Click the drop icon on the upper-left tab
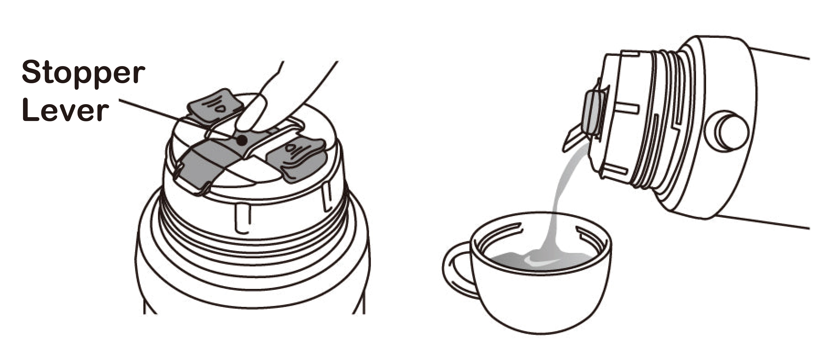(220, 109)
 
